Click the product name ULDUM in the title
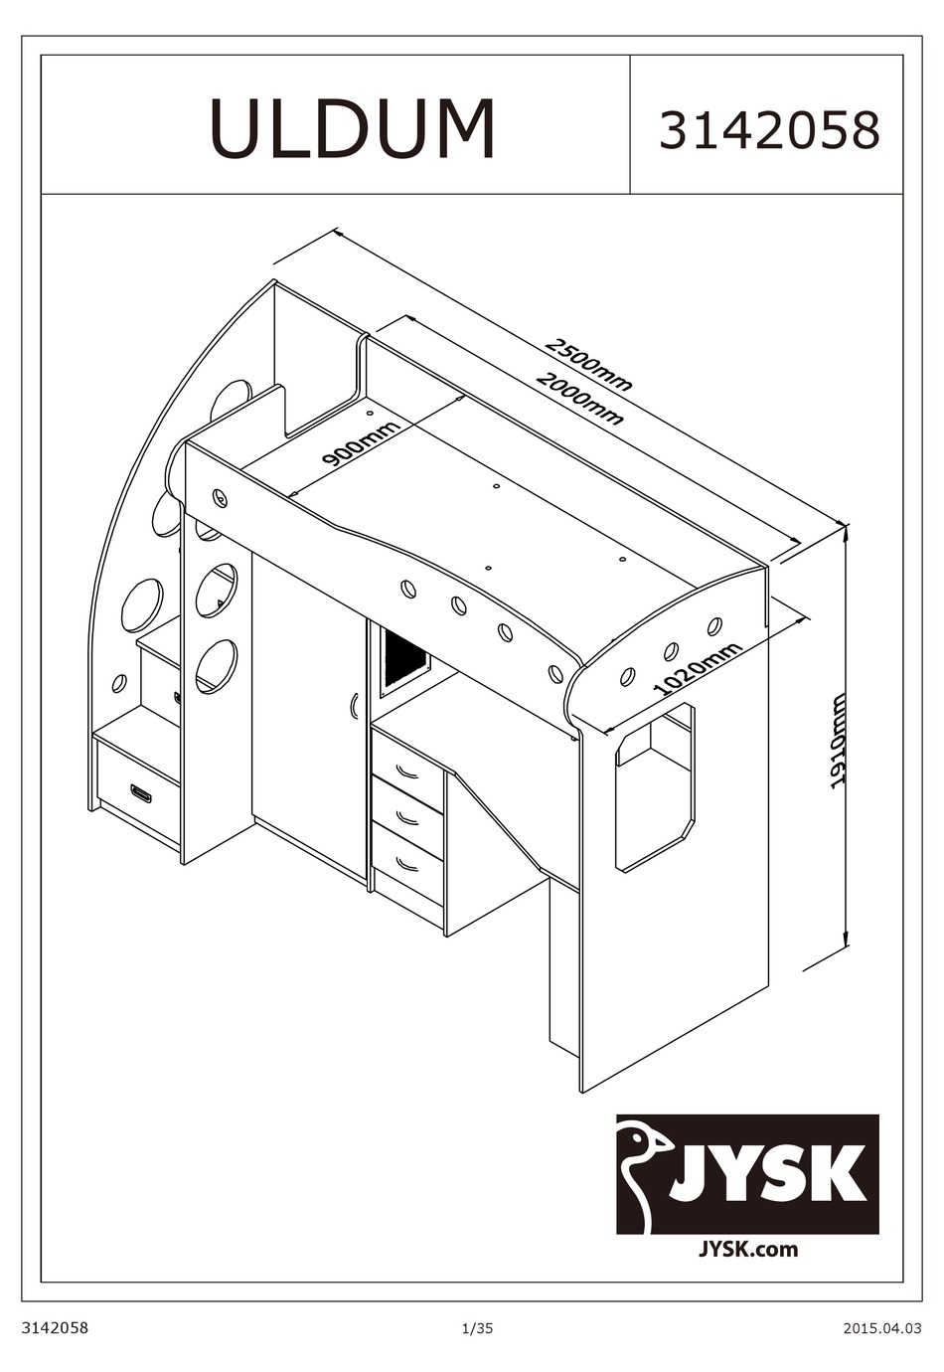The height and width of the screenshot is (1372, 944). click(353, 128)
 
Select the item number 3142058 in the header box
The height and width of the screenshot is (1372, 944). click(769, 130)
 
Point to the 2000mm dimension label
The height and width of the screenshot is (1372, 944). click(579, 399)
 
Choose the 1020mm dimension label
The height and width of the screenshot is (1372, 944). click(699, 668)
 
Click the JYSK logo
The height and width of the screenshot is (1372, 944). click(747, 1173)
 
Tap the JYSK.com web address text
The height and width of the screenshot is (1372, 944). click(749, 1249)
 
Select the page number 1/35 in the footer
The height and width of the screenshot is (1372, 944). click(477, 1328)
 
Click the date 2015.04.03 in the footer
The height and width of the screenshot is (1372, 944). click(875, 1328)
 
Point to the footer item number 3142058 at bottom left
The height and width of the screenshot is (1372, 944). click(56, 1328)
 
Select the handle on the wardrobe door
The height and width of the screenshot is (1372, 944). click(355, 705)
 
